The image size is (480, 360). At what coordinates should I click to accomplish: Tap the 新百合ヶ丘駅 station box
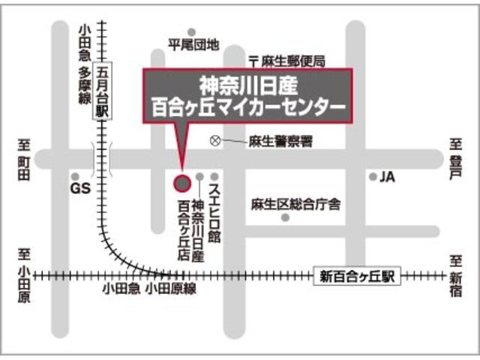(355, 276)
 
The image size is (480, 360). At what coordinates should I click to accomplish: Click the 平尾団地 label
(193, 46)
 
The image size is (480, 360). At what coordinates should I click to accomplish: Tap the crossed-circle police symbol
(215, 140)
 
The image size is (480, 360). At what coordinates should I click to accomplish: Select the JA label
(387, 177)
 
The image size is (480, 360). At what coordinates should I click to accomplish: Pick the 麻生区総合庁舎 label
(295, 203)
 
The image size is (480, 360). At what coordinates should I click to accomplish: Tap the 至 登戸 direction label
(454, 158)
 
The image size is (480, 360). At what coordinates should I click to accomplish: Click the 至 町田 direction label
(24, 158)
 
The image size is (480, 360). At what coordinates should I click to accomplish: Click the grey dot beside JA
(372, 177)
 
